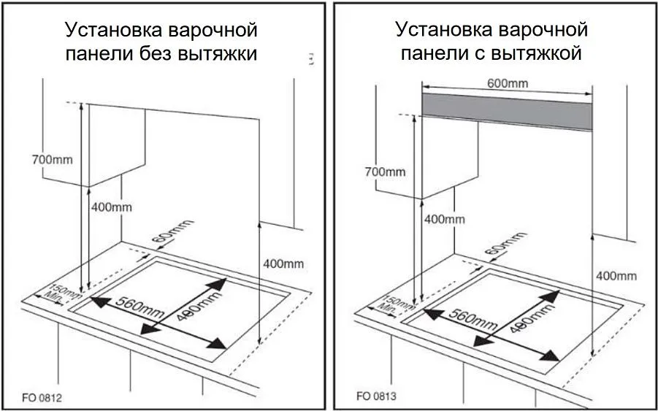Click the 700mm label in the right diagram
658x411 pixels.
pyautogui.click(x=384, y=172)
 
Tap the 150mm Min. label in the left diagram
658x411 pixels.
pyautogui.click(x=64, y=293)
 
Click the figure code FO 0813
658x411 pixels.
pyautogui.click(x=377, y=397)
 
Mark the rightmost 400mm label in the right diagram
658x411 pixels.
pyautogui.click(x=616, y=275)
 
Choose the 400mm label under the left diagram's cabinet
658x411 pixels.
pyautogui.click(x=112, y=207)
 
